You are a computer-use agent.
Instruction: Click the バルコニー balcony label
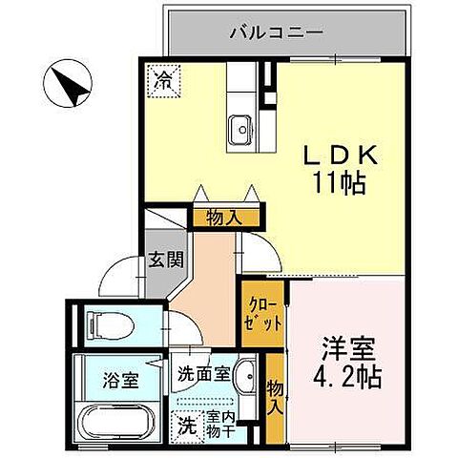pyautogui.click(x=276, y=31)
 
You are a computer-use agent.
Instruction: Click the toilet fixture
pyautogui.click(x=107, y=322)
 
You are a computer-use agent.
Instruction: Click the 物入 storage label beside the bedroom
pyautogui.click(x=274, y=397)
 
